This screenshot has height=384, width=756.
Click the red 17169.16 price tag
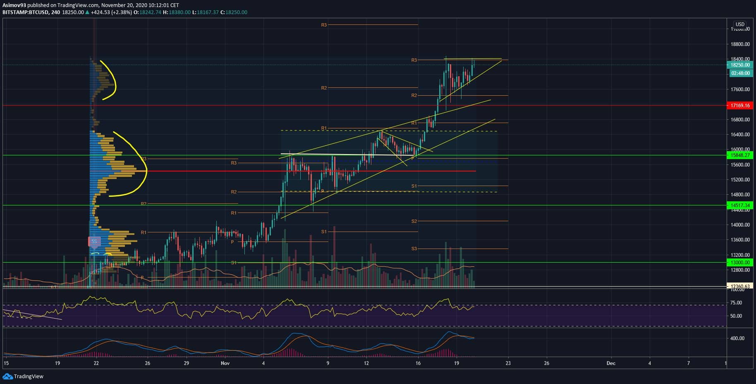[x=740, y=106]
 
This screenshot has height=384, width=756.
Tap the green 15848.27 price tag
[x=740, y=155]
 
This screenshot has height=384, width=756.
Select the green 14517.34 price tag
[x=740, y=205]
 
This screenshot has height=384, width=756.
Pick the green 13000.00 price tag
[x=740, y=262]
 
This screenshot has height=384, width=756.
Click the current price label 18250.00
[x=740, y=65]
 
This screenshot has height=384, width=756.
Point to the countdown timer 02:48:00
[x=740, y=73]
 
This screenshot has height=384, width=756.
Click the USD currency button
[x=739, y=24]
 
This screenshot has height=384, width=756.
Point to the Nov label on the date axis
[x=225, y=363]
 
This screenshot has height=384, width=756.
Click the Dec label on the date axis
[x=610, y=363]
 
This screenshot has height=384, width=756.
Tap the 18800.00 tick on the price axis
[x=740, y=44]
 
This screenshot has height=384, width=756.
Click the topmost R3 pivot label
[x=324, y=25]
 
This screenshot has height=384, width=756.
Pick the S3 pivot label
[x=414, y=249]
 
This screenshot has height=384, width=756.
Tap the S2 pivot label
[x=414, y=222]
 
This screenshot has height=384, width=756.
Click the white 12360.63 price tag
[x=740, y=286]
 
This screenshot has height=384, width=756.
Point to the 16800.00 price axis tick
[x=740, y=120]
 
